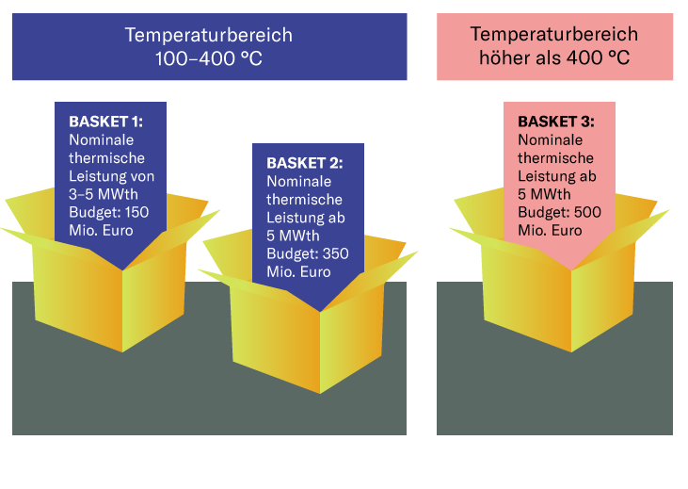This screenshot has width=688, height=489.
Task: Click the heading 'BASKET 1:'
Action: click(105, 122)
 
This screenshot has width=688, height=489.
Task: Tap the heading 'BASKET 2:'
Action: click(305, 163)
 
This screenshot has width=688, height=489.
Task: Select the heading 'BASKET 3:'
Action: click(556, 122)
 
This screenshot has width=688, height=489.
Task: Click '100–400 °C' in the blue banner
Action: click(209, 58)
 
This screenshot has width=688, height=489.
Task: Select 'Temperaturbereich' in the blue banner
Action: click(209, 35)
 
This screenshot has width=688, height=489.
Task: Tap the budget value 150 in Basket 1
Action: click(137, 212)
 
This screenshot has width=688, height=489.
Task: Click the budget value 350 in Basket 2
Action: click(329, 253)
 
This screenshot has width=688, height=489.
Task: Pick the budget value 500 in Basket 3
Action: click(586, 212)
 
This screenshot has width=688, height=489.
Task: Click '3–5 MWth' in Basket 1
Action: click(104, 194)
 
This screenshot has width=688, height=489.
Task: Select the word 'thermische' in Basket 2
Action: click(304, 199)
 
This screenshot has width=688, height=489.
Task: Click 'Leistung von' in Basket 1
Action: click(112, 176)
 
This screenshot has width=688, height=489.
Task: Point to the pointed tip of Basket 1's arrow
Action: click(110, 269)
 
